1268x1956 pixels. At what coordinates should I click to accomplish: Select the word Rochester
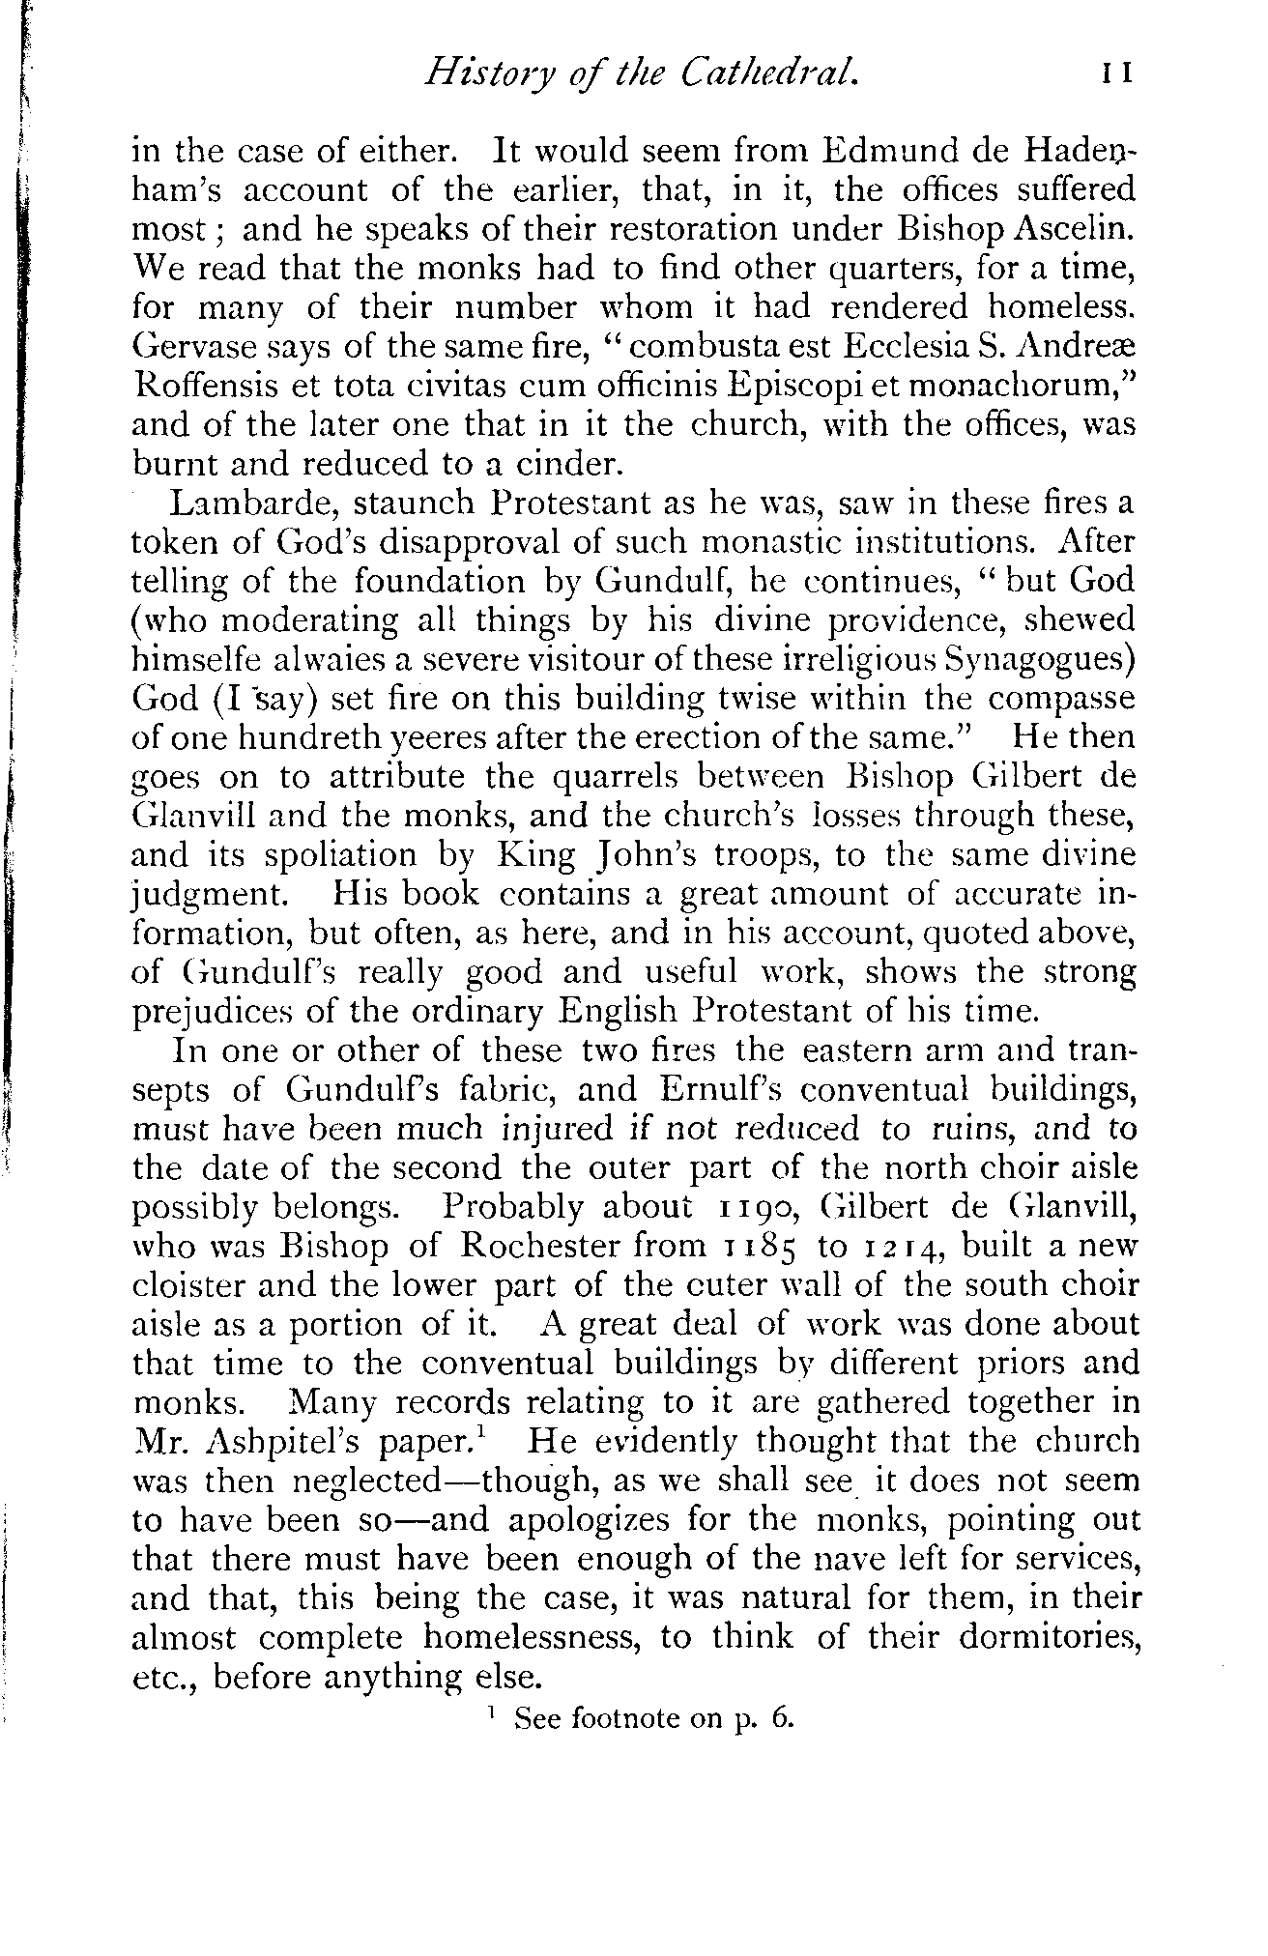534,1248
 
